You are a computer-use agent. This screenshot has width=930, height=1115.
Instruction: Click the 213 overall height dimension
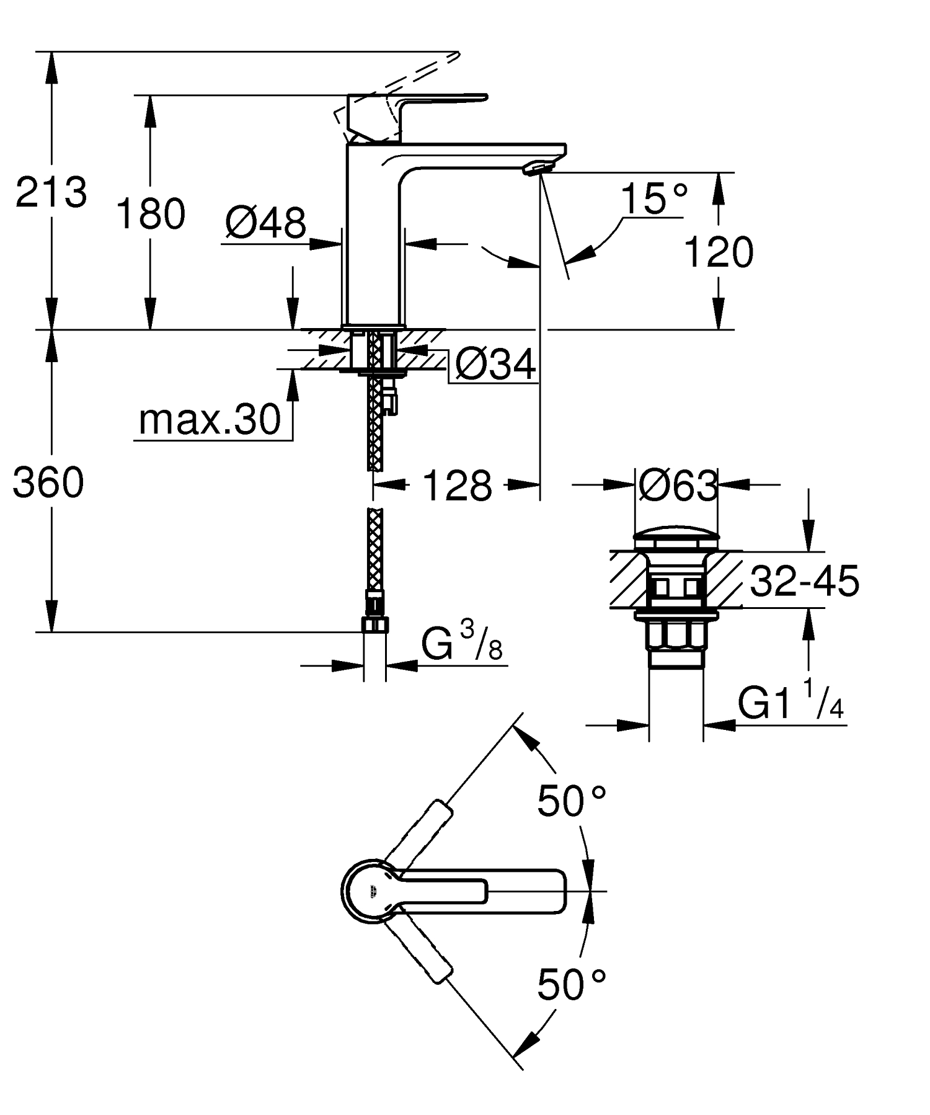pyautogui.click(x=51, y=192)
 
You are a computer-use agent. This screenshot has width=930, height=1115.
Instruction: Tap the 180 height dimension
pyautogui.click(x=151, y=214)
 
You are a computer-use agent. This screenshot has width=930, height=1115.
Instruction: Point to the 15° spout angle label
pyautogui.click(x=653, y=198)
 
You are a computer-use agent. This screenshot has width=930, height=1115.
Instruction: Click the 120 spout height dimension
pyautogui.click(x=719, y=252)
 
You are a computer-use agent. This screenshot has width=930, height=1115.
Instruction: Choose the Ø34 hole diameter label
pyautogui.click(x=495, y=364)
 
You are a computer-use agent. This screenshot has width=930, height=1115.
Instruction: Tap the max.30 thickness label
pyautogui.click(x=210, y=420)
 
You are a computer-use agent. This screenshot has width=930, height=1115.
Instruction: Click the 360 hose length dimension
pyautogui.click(x=48, y=482)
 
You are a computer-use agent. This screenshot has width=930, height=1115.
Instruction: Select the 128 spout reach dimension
pyautogui.click(x=457, y=486)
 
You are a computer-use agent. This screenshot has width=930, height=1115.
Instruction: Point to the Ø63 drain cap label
pyautogui.click(x=677, y=486)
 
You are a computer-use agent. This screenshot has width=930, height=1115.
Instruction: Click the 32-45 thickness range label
pyautogui.click(x=804, y=582)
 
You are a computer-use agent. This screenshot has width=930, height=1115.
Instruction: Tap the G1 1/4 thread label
pyautogui.click(x=790, y=702)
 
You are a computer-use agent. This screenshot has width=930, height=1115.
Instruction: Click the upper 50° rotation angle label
pyautogui.click(x=570, y=801)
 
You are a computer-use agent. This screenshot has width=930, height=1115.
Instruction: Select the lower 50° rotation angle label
pyautogui.click(x=570, y=985)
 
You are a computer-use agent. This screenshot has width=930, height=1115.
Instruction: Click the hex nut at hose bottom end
pyautogui.click(x=374, y=624)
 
